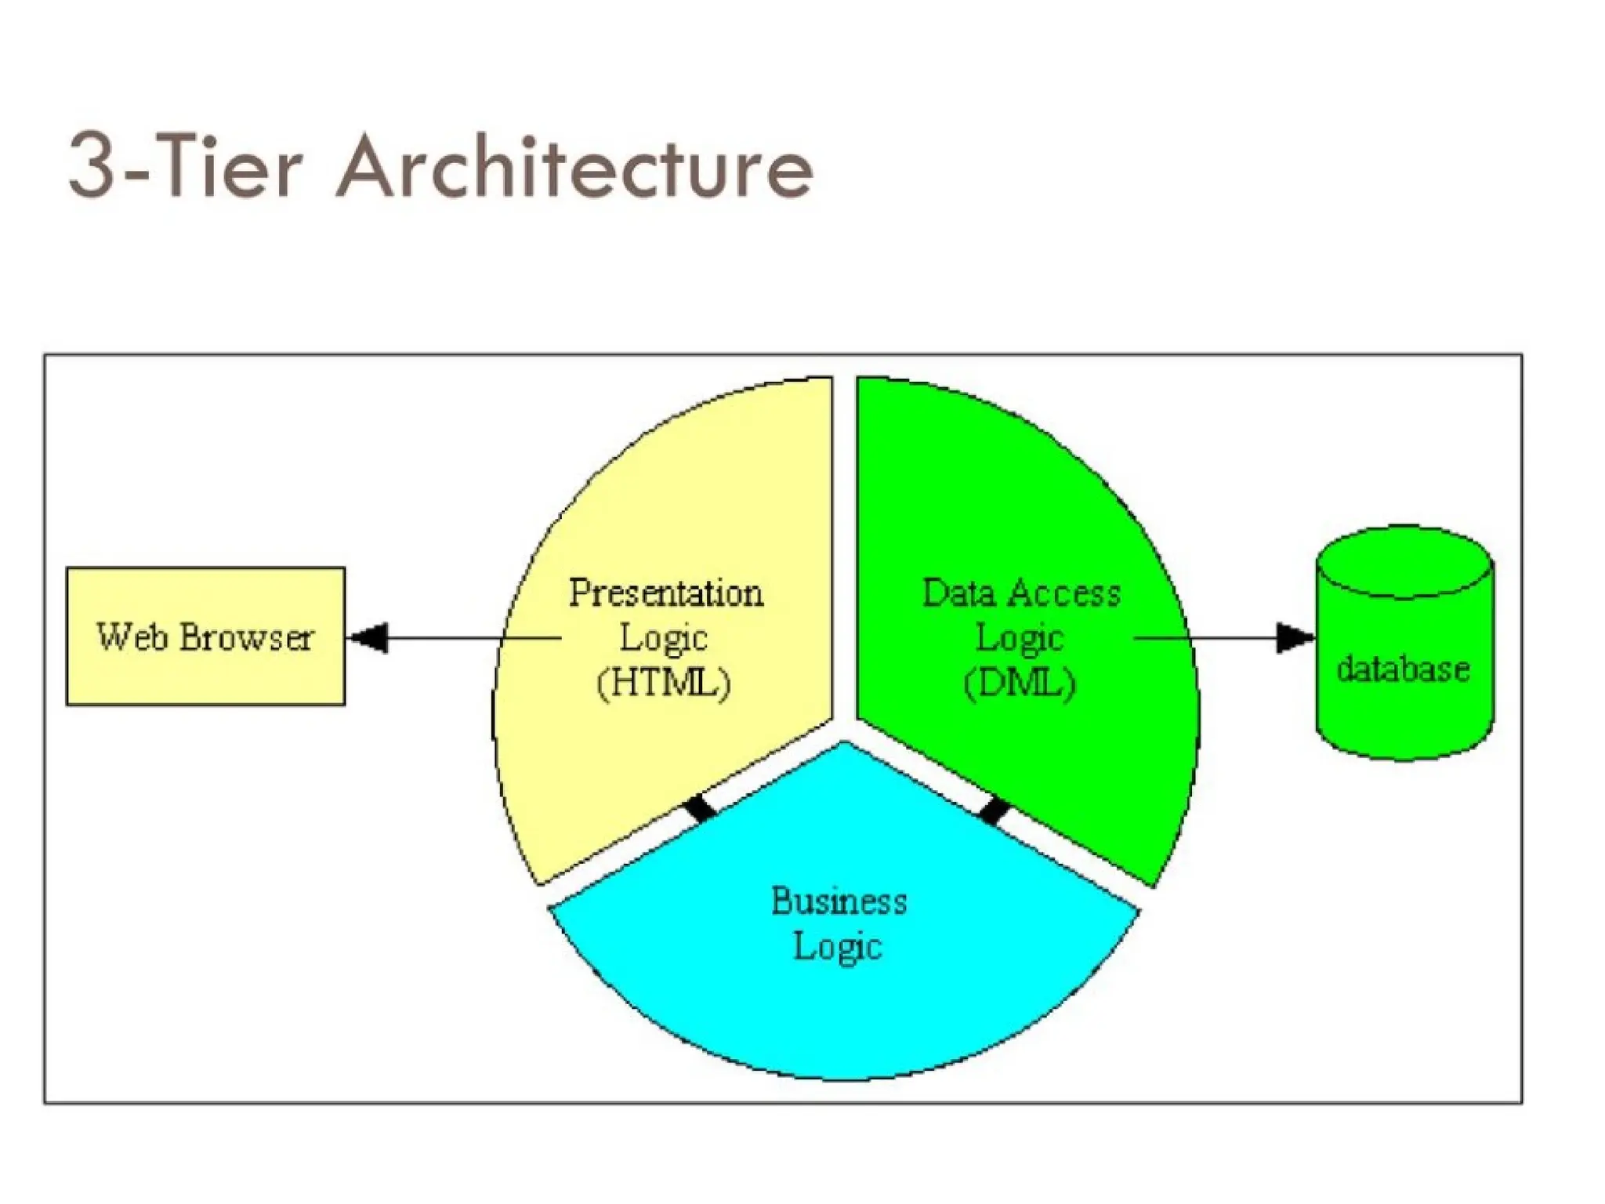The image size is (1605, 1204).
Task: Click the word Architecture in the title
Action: click(576, 166)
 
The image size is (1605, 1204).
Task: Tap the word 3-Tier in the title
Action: click(185, 166)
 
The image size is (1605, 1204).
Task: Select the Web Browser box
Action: click(205, 636)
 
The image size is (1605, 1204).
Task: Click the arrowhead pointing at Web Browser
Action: click(368, 637)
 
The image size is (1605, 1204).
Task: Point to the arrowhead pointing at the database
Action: click(1294, 637)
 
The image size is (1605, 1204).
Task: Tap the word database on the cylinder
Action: click(1403, 669)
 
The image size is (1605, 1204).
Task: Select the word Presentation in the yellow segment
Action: click(665, 593)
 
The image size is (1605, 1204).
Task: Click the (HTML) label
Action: click(664, 682)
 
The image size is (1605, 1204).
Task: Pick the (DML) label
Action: click(1019, 682)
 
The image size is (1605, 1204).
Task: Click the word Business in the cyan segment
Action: click(839, 901)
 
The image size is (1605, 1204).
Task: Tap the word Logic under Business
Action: click(837, 946)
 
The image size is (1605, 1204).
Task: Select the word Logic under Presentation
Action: click(664, 637)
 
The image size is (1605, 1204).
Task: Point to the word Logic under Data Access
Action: click(1019, 637)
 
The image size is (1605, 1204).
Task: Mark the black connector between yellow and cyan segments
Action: click(699, 807)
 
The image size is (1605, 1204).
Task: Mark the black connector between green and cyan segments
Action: click(994, 810)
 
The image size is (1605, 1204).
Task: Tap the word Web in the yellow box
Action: click(132, 636)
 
